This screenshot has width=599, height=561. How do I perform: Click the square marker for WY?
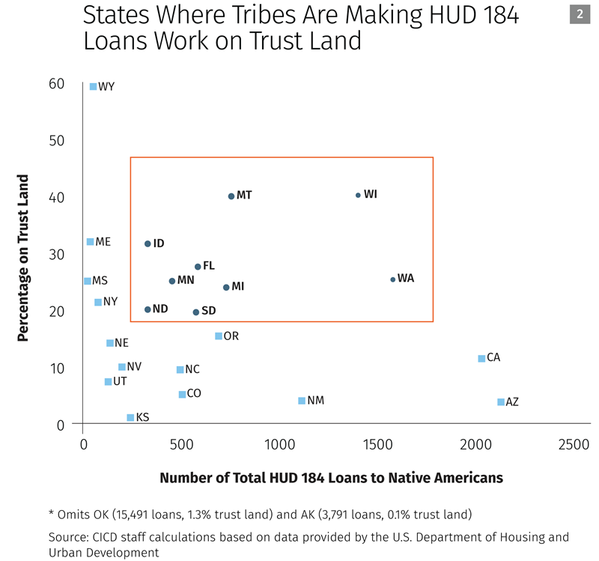click(93, 87)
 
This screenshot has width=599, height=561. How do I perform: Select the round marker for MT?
click(231, 196)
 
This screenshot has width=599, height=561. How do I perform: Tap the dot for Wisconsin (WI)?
click(358, 195)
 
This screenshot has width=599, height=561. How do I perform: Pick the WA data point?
click(392, 279)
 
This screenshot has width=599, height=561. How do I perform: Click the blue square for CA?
click(481, 358)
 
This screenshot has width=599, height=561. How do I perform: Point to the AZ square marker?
click(501, 402)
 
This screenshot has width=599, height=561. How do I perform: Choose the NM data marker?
click(302, 401)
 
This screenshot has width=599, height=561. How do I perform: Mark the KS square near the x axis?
click(130, 417)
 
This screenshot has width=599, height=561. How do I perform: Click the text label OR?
click(231, 336)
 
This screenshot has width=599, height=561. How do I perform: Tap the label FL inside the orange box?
click(209, 266)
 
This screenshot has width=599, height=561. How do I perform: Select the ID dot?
click(148, 243)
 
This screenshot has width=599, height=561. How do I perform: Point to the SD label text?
click(209, 311)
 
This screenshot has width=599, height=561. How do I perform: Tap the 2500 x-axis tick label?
click(574, 445)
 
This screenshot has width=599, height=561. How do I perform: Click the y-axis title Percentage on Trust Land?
click(24, 258)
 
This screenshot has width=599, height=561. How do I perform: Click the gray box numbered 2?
click(580, 13)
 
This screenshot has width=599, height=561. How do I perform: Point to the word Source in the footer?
click(69, 537)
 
